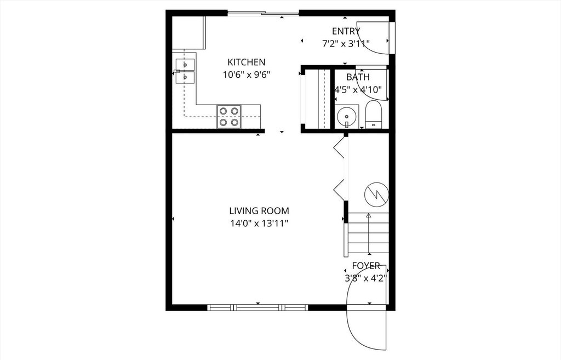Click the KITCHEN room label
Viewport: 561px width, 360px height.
(x=247, y=62)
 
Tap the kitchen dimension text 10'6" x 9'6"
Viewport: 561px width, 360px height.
(x=247, y=75)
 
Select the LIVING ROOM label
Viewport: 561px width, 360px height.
(x=259, y=210)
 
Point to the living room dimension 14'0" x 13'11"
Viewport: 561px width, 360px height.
(x=259, y=223)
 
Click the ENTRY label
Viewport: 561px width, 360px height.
(x=346, y=31)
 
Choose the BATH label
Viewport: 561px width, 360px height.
(x=358, y=77)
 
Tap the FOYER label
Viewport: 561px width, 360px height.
(x=365, y=266)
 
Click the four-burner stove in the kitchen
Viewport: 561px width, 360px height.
(x=229, y=116)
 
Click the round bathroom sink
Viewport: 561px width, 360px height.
(x=346, y=116)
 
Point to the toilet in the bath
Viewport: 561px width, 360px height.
(x=374, y=114)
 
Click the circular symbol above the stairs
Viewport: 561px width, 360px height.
(x=376, y=193)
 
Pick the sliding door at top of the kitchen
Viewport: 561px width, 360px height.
(x=263, y=13)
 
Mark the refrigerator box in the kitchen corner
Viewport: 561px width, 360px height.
(x=188, y=32)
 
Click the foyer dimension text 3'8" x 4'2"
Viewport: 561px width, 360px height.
(x=365, y=278)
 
